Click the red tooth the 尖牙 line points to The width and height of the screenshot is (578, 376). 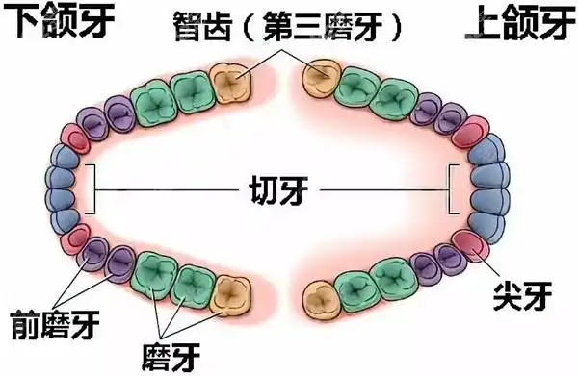pos(472,245)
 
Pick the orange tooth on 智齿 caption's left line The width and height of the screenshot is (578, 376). pos(228,84)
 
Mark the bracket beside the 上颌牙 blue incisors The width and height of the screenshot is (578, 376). pos(453,188)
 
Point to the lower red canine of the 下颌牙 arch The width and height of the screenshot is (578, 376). pos(76,238)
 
